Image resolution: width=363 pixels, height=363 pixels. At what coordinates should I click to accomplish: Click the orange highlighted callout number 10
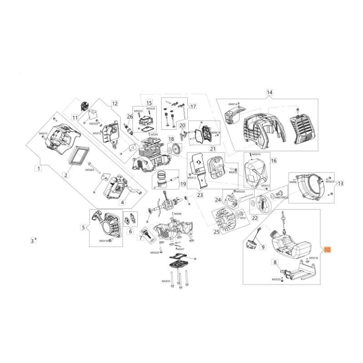pos(328,250)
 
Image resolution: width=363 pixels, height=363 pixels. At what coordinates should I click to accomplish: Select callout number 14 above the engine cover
pos(270,93)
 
